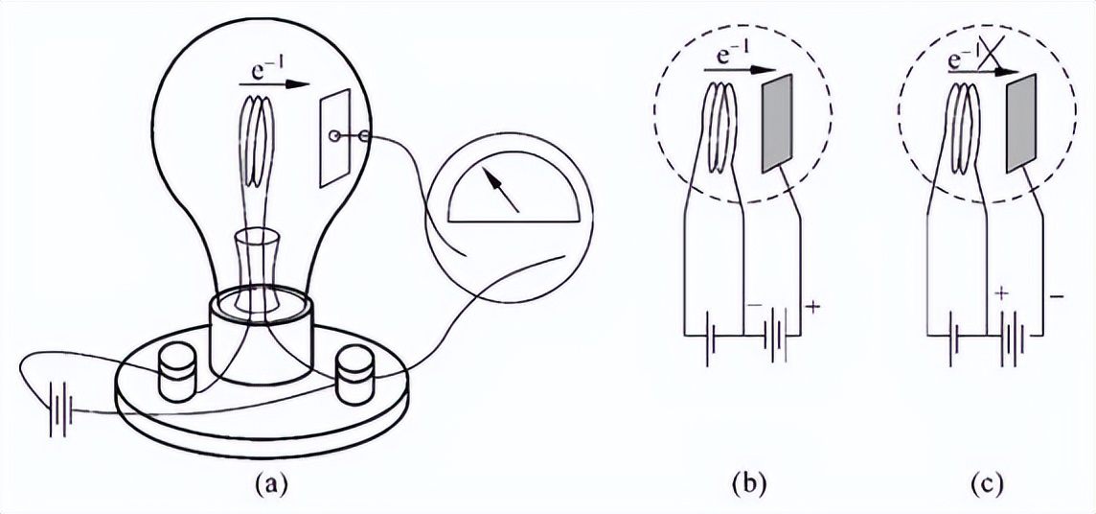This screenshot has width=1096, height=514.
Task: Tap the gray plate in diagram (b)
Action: [777, 125]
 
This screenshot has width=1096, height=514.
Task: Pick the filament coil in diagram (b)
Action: [721, 128]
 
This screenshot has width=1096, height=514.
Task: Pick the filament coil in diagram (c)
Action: [965, 128]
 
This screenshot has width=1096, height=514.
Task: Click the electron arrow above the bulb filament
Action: [278, 84]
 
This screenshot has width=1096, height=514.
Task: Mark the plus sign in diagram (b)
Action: [815, 309]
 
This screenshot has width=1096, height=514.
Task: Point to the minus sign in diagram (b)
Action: [753, 305]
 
